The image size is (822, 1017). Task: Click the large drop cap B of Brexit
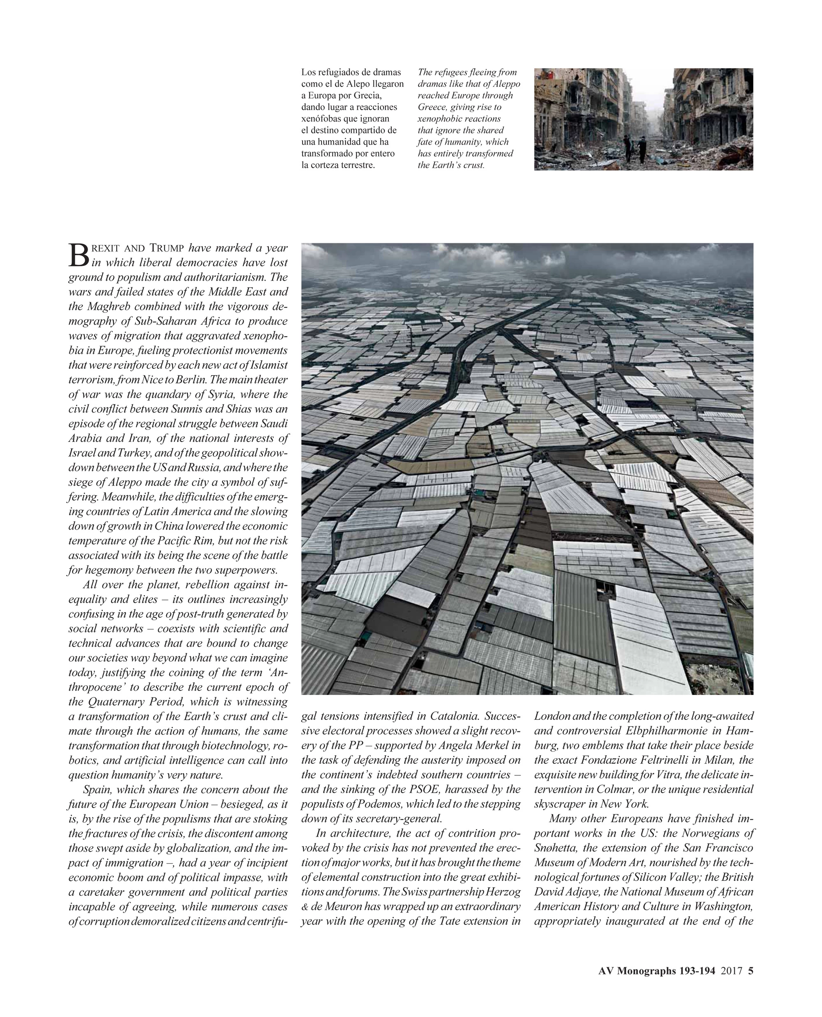click(x=79, y=255)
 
